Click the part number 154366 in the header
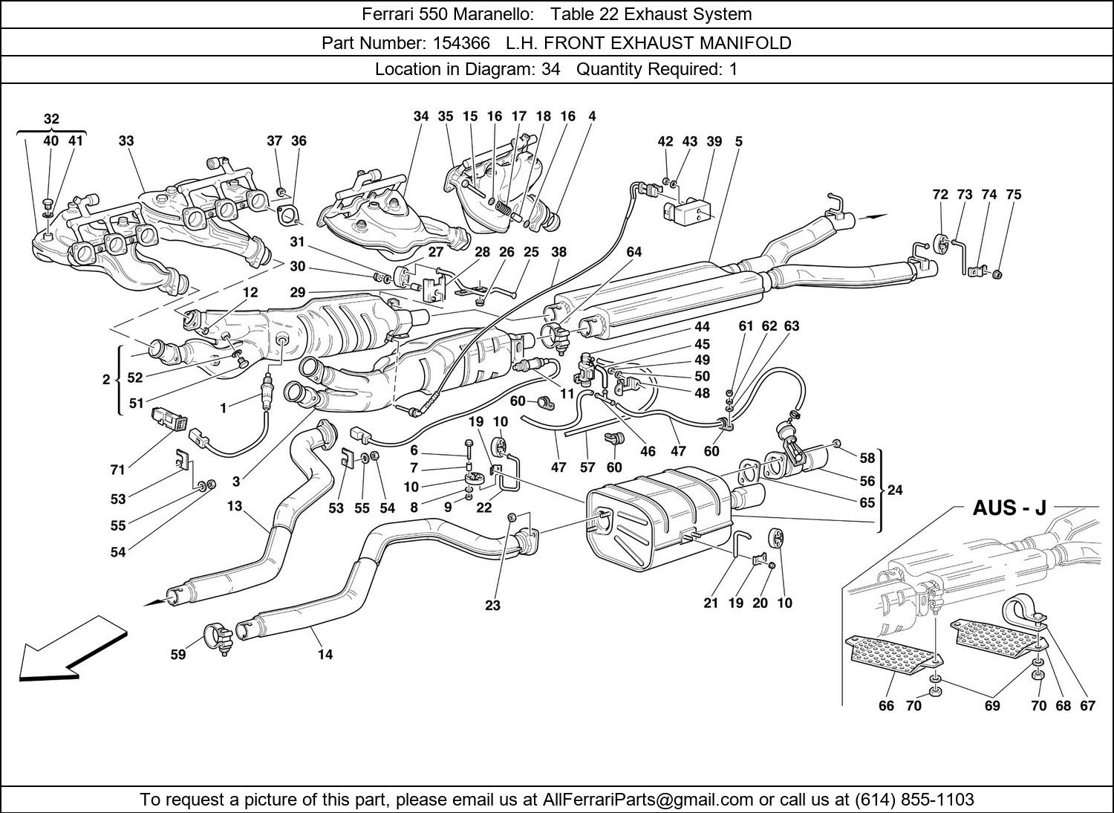click(x=463, y=43)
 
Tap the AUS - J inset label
click(x=1009, y=508)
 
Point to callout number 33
click(x=126, y=140)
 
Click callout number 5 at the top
click(x=739, y=140)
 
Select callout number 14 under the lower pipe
click(x=325, y=655)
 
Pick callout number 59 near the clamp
click(x=178, y=655)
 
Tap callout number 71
click(x=117, y=470)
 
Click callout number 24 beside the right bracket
click(x=895, y=490)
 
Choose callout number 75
click(x=1014, y=195)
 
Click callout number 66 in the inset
click(x=886, y=705)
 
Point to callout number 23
click(x=493, y=605)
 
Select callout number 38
click(x=558, y=252)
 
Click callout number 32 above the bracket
click(x=51, y=119)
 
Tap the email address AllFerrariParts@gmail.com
click(x=648, y=800)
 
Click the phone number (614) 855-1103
click(x=914, y=800)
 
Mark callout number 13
click(x=235, y=506)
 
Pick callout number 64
click(x=633, y=252)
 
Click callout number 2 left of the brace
click(x=106, y=380)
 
